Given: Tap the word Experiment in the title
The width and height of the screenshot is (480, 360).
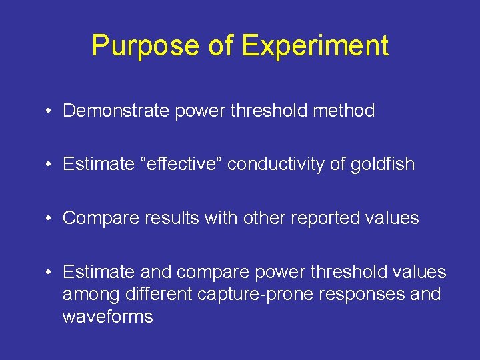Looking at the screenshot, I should [315, 45].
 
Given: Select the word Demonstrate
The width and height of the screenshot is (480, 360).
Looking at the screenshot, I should [117, 111].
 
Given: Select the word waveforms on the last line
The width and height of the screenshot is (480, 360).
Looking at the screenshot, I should [107, 316].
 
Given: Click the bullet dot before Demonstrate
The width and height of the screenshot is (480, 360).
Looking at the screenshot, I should [50, 111].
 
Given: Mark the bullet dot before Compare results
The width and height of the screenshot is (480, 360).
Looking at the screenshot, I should [50, 219].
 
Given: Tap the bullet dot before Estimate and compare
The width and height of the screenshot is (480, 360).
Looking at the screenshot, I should [50, 273].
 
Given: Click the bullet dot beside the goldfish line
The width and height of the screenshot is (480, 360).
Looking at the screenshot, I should [50, 165].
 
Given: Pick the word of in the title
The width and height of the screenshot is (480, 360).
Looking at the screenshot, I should [221, 45].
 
